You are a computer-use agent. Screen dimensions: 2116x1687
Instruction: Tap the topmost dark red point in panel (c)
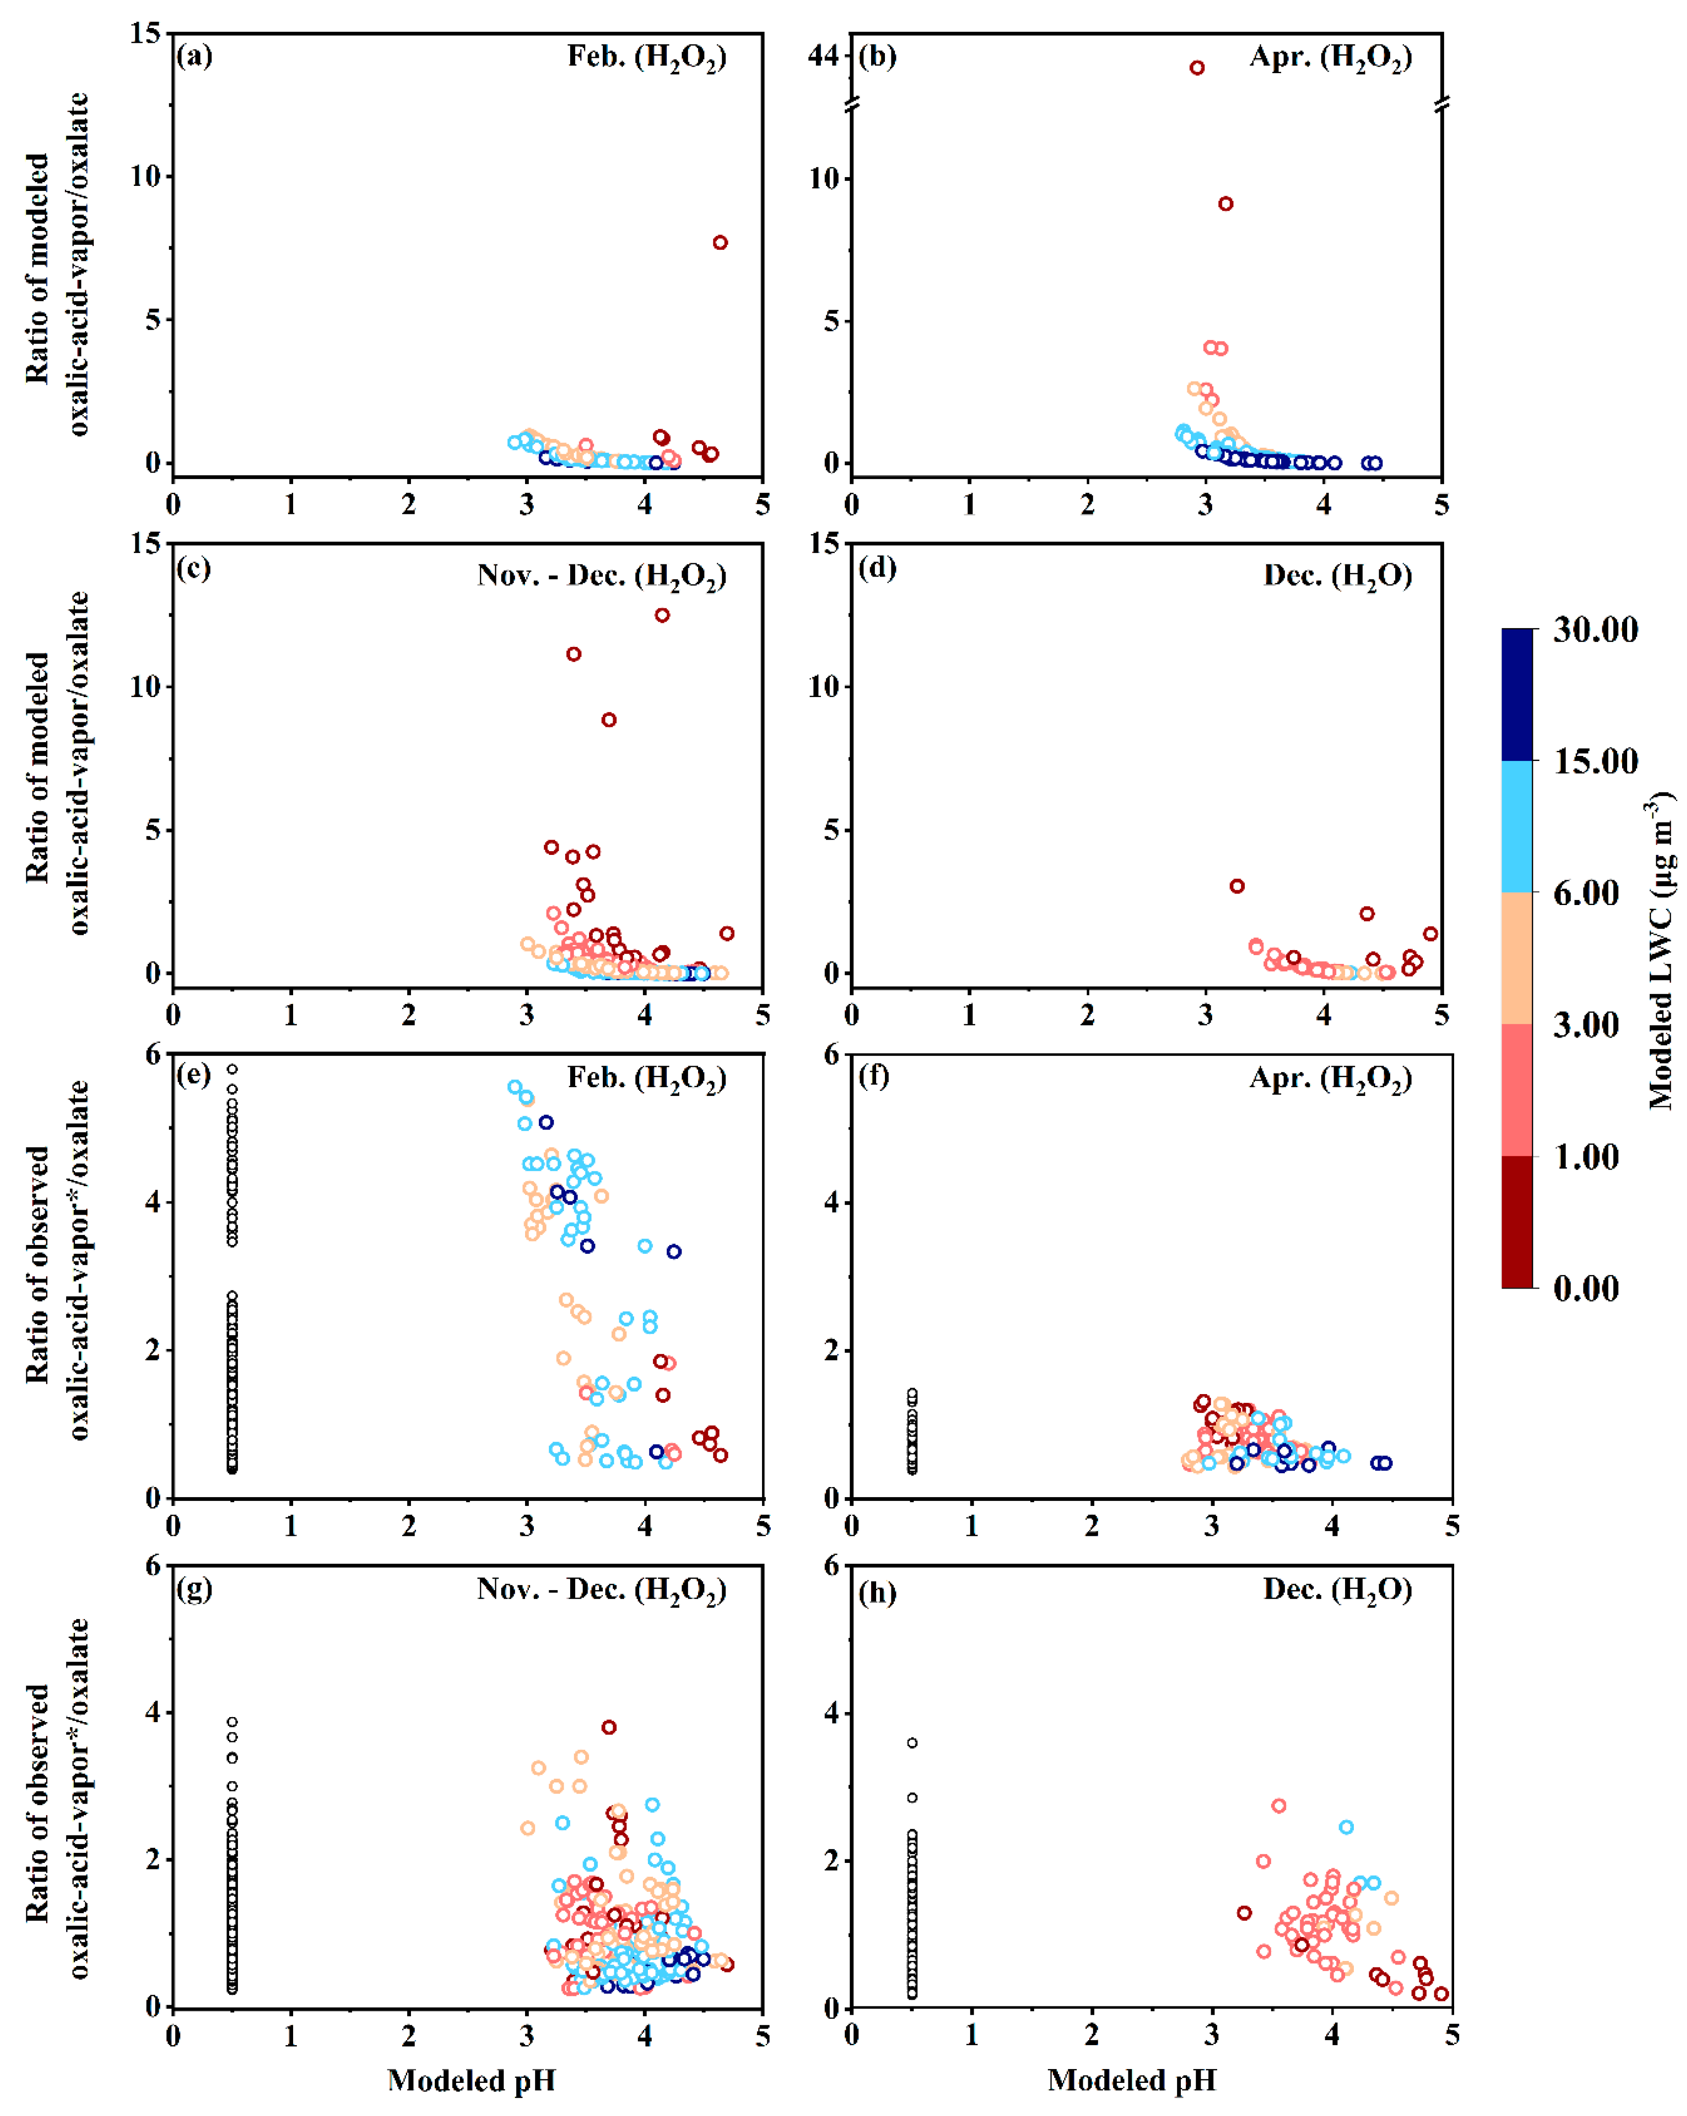(663, 615)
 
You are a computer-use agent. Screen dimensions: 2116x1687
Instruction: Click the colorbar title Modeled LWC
(1660, 952)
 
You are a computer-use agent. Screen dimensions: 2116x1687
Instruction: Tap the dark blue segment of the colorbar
(1517, 695)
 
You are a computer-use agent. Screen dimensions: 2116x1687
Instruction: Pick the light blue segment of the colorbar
(1517, 826)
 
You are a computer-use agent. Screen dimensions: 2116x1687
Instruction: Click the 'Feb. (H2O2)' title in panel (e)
(647, 1079)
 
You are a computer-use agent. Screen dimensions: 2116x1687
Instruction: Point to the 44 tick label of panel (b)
(822, 57)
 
